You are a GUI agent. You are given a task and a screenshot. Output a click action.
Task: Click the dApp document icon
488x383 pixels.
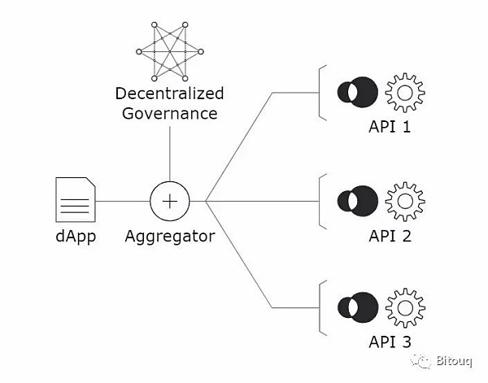[75, 200]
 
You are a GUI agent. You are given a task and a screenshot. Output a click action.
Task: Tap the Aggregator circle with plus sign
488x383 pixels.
[169, 200]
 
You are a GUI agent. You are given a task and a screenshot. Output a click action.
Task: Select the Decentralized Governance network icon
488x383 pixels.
[169, 51]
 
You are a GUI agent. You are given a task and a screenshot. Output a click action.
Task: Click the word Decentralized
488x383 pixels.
[169, 94]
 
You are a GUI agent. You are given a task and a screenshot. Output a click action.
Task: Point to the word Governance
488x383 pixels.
[169, 113]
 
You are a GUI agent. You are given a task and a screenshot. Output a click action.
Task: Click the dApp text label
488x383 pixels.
[75, 237]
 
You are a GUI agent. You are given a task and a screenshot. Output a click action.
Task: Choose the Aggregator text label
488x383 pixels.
[169, 237]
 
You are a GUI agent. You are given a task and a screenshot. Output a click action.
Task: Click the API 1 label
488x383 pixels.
[391, 128]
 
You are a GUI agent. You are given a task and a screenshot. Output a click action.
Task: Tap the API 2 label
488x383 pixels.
[391, 237]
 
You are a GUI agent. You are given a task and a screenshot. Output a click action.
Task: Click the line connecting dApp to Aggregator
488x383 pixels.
[122, 200]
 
